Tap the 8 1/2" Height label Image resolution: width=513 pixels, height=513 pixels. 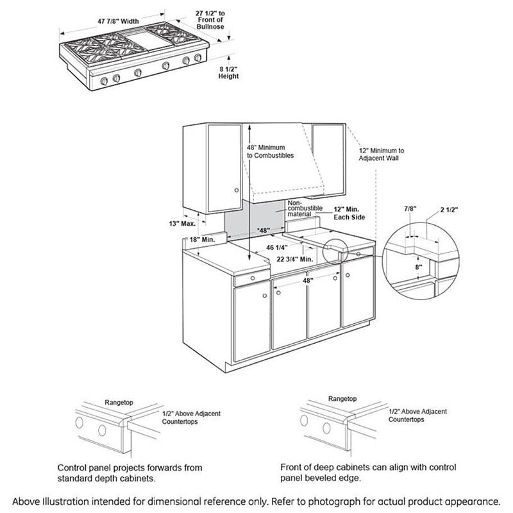228,72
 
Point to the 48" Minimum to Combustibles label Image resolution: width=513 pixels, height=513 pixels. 270,151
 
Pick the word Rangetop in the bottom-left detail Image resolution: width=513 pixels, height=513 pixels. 117,402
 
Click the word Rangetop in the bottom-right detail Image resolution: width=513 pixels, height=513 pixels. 342,398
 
